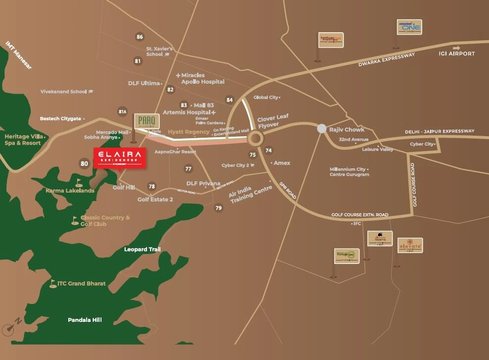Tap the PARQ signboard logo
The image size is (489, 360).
(147, 121)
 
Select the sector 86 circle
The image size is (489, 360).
(140, 37)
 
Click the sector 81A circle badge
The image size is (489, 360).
(123, 111)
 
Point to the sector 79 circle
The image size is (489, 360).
(218, 208)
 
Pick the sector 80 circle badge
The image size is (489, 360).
(84, 163)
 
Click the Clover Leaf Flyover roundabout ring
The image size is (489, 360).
(256, 138)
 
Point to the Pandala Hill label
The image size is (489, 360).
(85, 320)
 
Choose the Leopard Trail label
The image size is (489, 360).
(142, 250)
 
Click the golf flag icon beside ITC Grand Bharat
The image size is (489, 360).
(52, 284)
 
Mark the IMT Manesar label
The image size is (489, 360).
(18, 54)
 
